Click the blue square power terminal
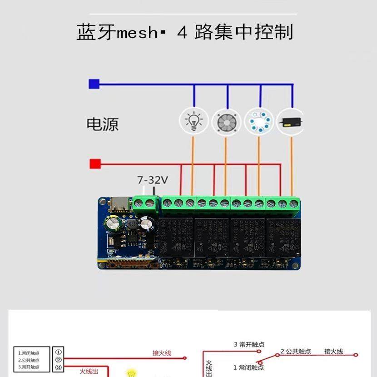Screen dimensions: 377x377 (94, 84)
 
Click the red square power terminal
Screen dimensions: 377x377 (95, 164)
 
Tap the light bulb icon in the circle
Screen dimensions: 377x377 (194, 121)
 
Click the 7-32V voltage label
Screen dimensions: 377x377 (153, 180)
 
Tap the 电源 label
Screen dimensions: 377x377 (103, 124)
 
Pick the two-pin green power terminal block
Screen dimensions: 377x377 (145, 203)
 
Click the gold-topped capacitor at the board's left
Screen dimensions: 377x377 (111, 223)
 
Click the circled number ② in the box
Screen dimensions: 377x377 (58, 360)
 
